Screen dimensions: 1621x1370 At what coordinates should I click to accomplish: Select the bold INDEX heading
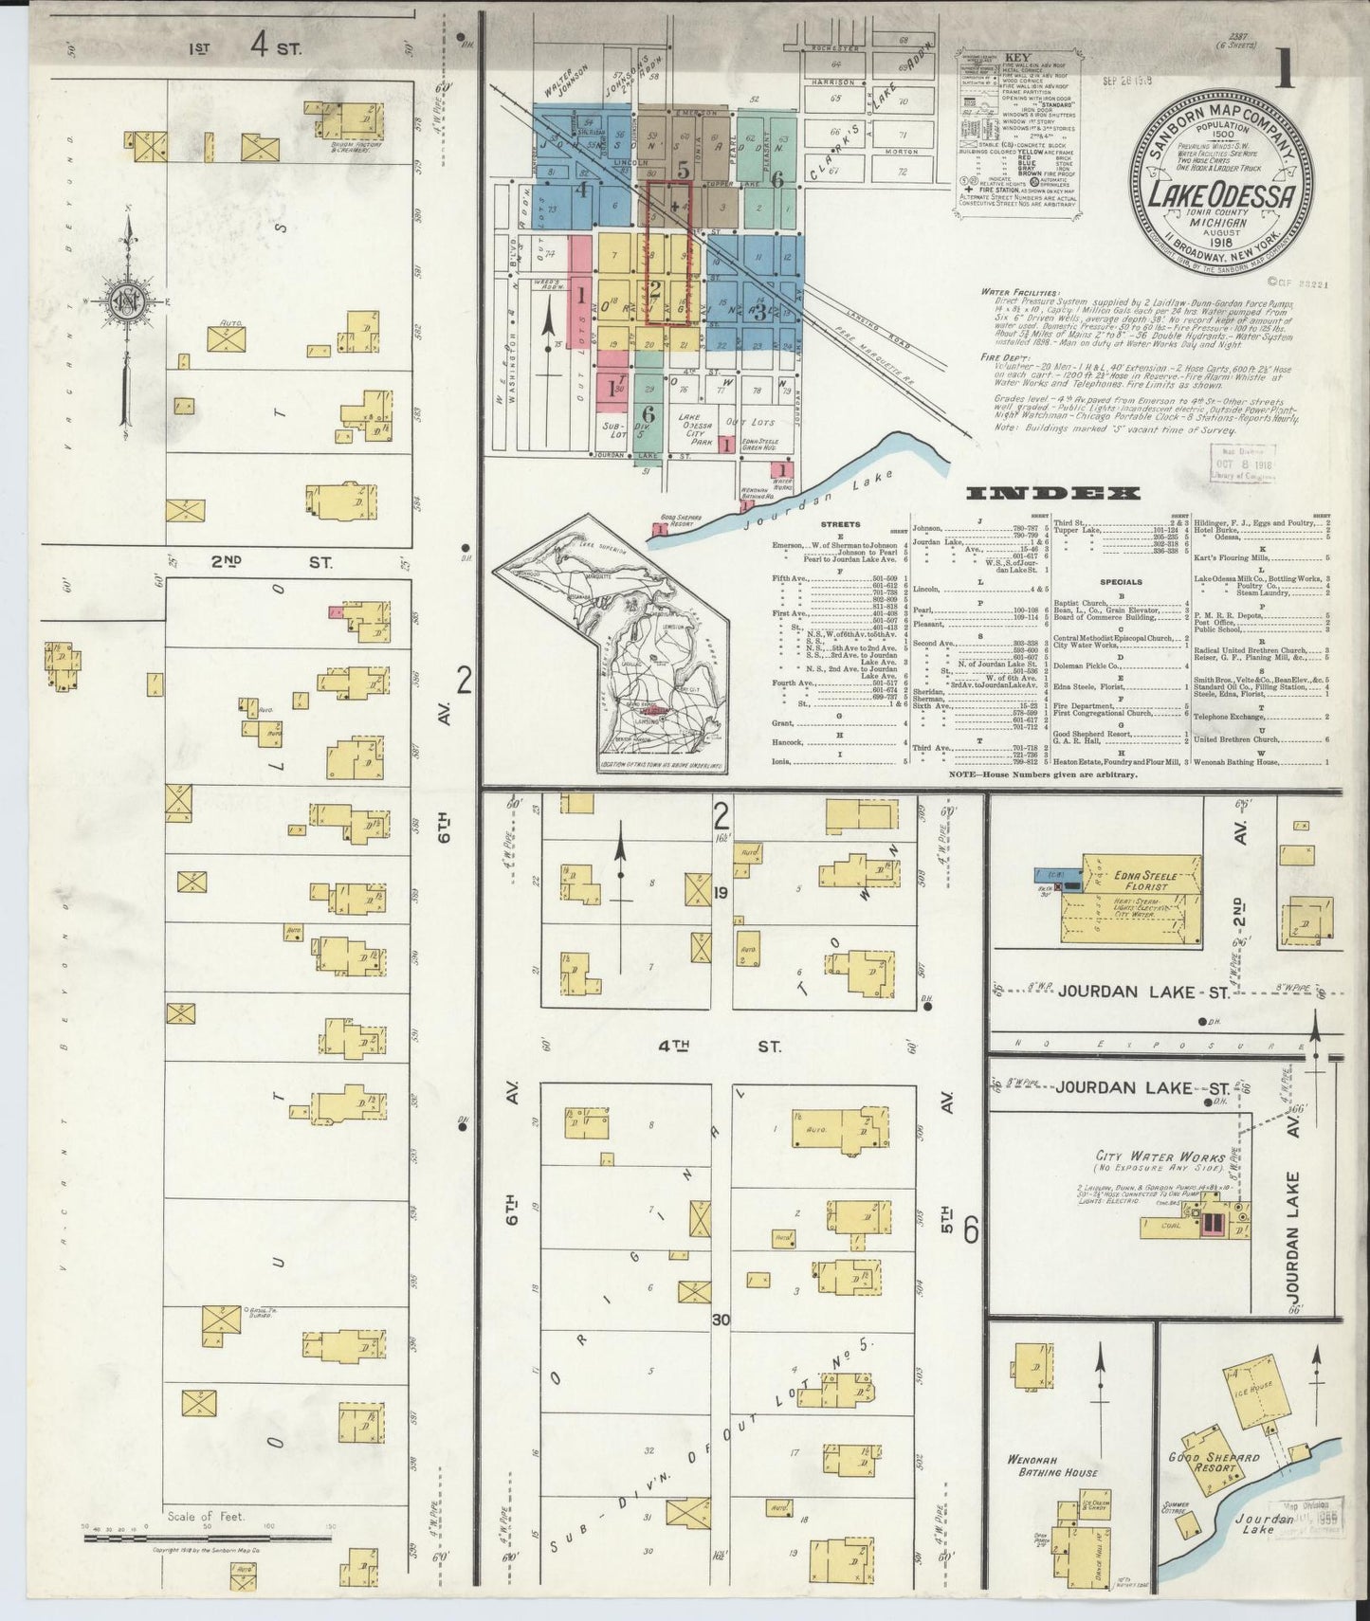click(x=1052, y=493)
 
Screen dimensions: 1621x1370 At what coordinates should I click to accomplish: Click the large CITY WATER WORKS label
click(x=1147, y=1157)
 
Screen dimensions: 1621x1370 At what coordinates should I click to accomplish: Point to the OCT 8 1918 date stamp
click(x=1242, y=464)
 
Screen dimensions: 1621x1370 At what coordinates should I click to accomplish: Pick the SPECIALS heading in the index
click(x=1120, y=581)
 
